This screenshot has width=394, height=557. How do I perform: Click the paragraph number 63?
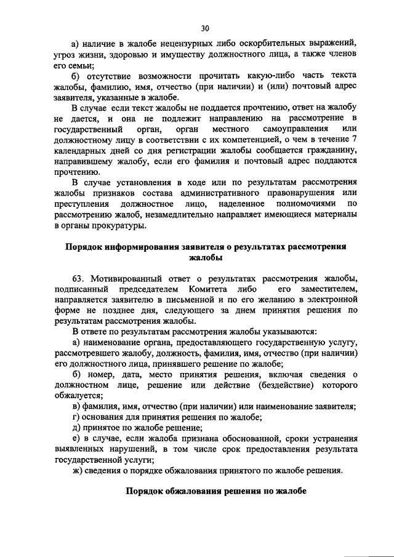tap(79, 278)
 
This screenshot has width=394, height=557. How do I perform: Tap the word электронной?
tap(332, 299)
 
